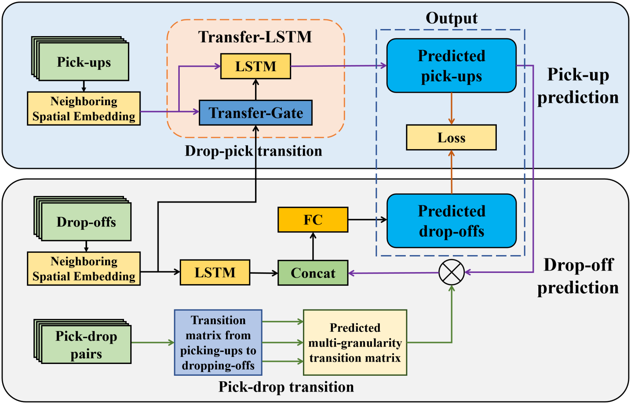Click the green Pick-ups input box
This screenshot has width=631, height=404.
84,62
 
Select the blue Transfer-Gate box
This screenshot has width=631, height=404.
255,113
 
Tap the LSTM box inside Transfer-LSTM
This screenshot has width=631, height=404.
255,66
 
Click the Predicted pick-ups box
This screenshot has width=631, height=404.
451,66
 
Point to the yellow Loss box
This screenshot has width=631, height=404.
451,138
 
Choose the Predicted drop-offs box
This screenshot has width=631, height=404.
451,221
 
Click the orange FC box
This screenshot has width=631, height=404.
313,220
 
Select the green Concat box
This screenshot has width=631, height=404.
313,273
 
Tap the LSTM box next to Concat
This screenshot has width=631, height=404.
215,272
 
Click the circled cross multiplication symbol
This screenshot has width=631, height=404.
451,272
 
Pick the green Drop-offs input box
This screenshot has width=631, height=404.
86,222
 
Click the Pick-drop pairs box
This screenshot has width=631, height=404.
86,344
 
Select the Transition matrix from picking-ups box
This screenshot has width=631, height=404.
218,343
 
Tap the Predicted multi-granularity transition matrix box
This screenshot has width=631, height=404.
355,343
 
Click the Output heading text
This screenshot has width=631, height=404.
451,18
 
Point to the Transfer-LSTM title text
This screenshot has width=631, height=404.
255,37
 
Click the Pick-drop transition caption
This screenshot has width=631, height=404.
286,387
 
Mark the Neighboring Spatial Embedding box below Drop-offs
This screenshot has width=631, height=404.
84,269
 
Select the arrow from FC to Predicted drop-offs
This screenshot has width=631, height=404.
367,220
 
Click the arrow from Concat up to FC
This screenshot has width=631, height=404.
313,246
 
